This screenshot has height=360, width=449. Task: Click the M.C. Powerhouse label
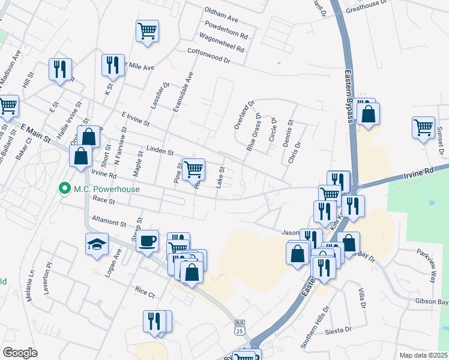coord(107,189)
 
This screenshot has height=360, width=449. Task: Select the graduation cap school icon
coord(97,244)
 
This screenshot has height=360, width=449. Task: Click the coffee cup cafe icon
coord(147,241)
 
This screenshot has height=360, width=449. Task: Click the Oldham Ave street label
coord(221,11)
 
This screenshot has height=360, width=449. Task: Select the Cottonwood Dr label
coord(209,56)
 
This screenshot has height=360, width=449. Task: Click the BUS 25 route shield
coord(240,326)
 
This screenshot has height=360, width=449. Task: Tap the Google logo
coord(20,353)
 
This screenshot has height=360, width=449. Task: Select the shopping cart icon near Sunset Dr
coord(423,128)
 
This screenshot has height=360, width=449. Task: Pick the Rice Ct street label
coord(145,292)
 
